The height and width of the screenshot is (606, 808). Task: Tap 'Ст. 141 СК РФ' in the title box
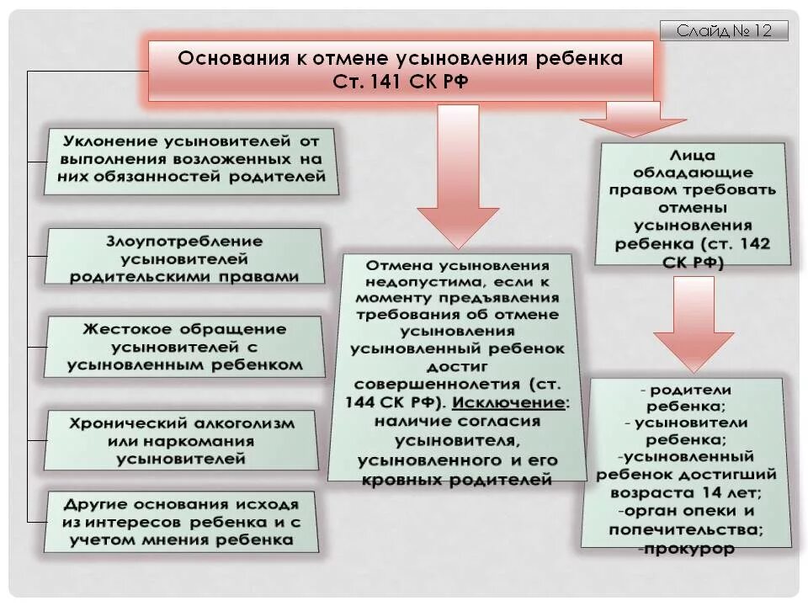click(x=401, y=82)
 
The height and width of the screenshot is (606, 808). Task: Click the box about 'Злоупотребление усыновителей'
click(x=184, y=257)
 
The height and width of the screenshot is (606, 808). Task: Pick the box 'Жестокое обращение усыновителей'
click(x=185, y=347)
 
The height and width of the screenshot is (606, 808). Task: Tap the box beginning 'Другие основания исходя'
click(x=182, y=523)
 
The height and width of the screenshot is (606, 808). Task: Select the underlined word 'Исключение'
click(x=523, y=402)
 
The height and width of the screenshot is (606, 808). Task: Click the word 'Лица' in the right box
click(x=694, y=157)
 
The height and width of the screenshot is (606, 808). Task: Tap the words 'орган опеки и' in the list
click(x=688, y=511)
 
